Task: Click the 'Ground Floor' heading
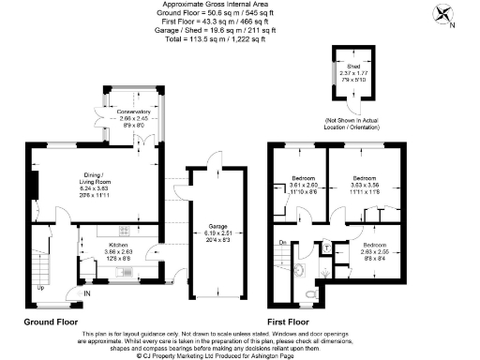coord(50,322)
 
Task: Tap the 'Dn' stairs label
coord(284,243)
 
